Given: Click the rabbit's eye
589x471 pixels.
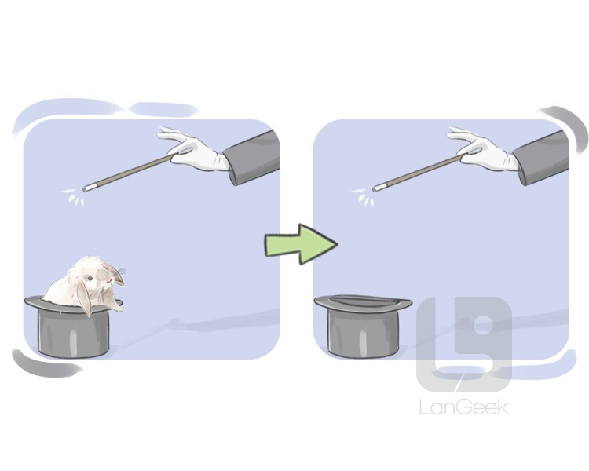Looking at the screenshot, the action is tap(90, 279).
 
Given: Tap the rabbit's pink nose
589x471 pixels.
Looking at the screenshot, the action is tap(109, 280).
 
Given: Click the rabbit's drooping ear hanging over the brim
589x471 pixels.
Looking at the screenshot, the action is tap(84, 298).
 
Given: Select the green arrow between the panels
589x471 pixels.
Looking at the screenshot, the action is tap(302, 244).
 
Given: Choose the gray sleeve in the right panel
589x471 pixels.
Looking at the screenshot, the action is tap(542, 158).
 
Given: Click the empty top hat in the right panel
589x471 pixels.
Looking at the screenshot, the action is tap(363, 325).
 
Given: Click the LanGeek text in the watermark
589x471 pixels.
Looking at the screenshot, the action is tap(464, 407).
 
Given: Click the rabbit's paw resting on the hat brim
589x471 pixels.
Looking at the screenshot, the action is tap(117, 309).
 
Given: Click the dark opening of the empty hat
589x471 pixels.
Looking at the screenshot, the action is tap(362, 301).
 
